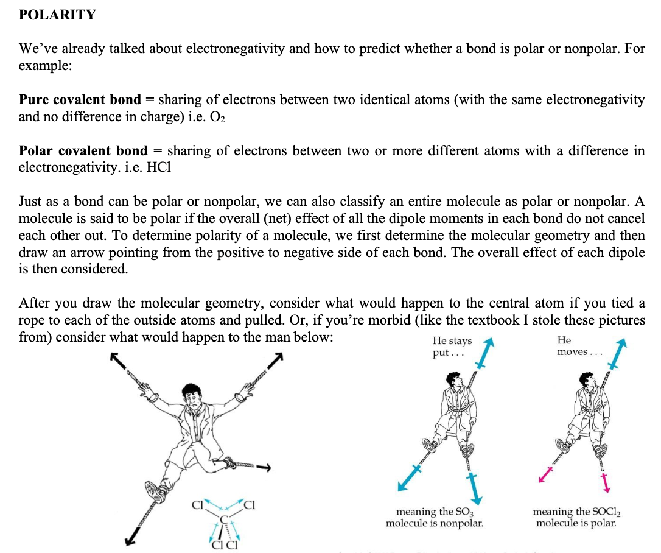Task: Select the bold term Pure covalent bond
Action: pyautogui.click(x=79, y=100)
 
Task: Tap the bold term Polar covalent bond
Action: pyautogui.click(x=83, y=151)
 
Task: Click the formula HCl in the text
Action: pyautogui.click(x=159, y=167)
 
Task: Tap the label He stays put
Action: pyautogui.click(x=452, y=347)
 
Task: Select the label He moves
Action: pyautogui.click(x=578, y=346)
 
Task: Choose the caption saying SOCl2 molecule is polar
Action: pyautogui.click(x=576, y=517)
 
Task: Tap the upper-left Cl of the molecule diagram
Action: pyautogui.click(x=196, y=504)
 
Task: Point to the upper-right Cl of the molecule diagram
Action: pyautogui.click(x=250, y=504)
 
